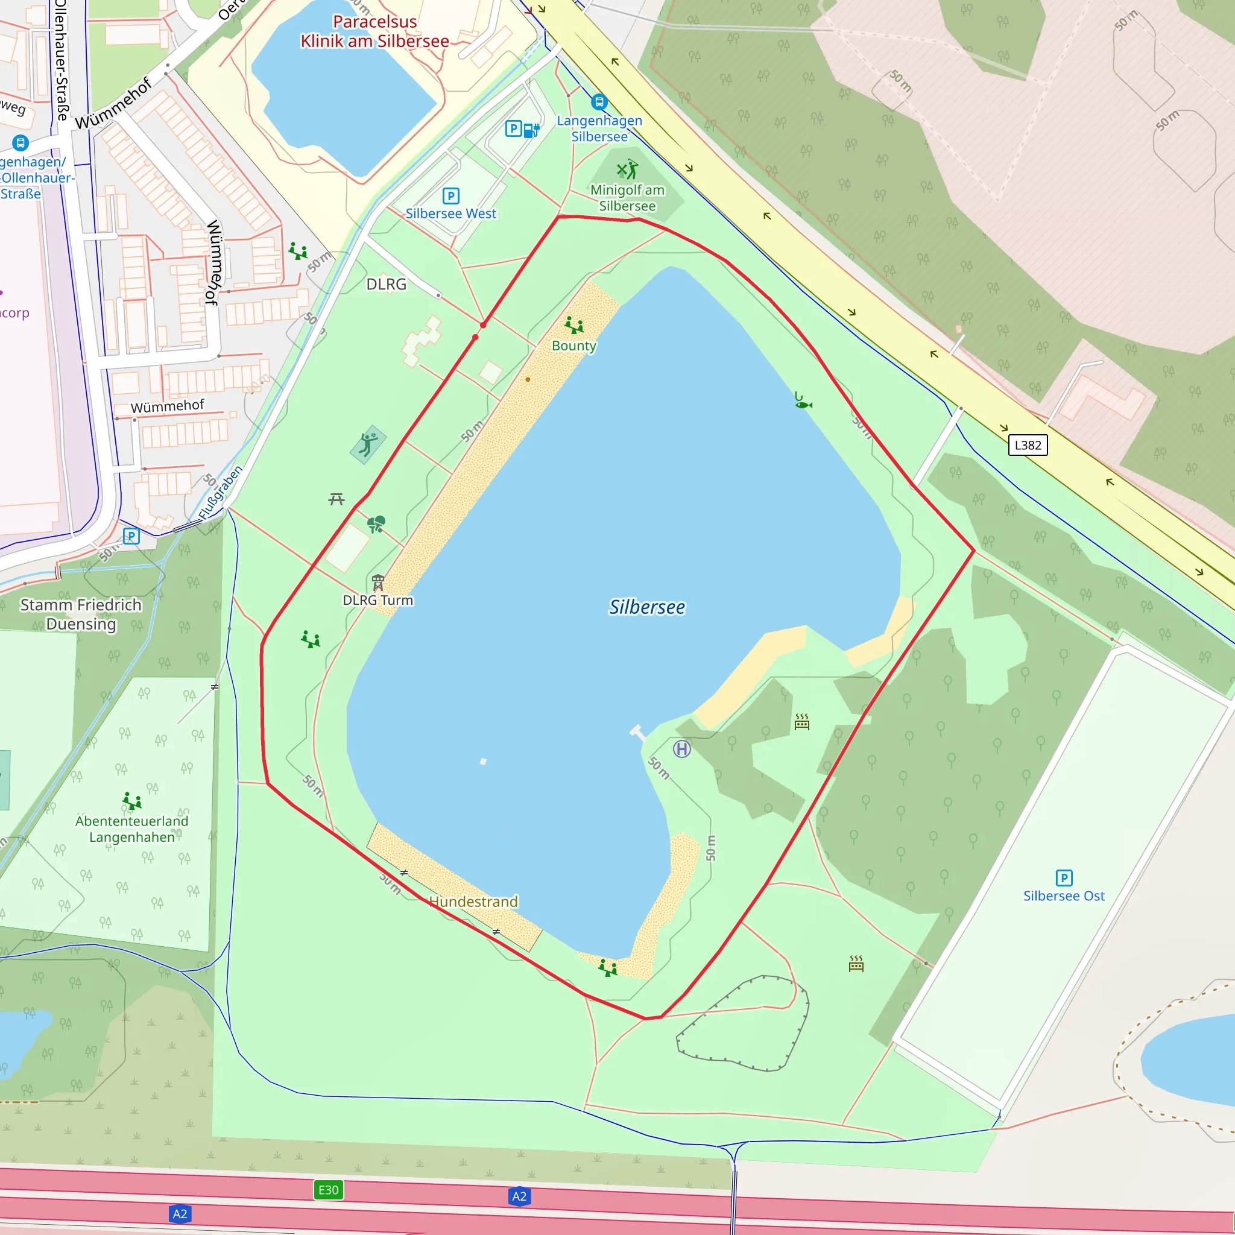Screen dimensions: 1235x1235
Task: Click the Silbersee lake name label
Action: click(x=647, y=607)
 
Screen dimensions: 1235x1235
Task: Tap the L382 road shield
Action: click(x=1028, y=445)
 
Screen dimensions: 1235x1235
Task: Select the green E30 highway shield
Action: click(x=328, y=1190)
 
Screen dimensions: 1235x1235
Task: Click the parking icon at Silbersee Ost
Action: click(x=1064, y=877)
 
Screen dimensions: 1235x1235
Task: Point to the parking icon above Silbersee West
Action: click(x=450, y=195)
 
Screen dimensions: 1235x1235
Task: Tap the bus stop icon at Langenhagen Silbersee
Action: click(x=599, y=102)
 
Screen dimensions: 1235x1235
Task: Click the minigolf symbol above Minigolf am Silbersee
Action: click(x=627, y=169)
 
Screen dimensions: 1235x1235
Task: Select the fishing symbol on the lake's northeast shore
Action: click(x=802, y=401)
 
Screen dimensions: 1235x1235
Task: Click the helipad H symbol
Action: click(x=682, y=748)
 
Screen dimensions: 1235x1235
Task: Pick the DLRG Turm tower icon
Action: click(x=377, y=583)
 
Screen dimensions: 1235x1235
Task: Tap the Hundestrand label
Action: click(x=473, y=902)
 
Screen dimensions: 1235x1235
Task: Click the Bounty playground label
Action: click(x=573, y=346)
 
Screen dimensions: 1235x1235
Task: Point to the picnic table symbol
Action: click(x=336, y=499)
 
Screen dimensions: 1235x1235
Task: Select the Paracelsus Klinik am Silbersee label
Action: click(x=375, y=31)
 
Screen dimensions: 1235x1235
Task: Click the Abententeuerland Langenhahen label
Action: click(x=131, y=829)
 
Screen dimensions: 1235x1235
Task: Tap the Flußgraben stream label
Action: click(x=221, y=492)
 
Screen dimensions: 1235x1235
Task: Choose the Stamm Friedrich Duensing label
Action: click(x=81, y=614)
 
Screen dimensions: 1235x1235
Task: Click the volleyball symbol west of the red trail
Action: click(x=368, y=444)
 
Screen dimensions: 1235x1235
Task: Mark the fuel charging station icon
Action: click(x=531, y=130)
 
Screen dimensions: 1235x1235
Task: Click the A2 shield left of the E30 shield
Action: click(x=180, y=1213)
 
